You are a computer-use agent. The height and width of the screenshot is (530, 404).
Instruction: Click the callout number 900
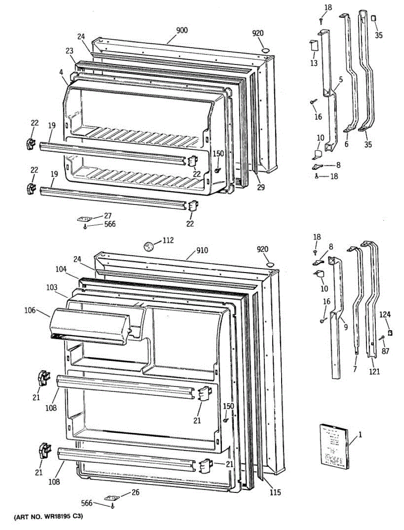(x=182, y=30)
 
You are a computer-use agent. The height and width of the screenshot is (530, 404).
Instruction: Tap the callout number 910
(x=202, y=250)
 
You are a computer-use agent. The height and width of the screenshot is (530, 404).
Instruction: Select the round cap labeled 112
(x=149, y=245)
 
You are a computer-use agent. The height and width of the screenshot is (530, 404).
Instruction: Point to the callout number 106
(x=30, y=311)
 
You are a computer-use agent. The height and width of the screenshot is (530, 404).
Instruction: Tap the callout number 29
(x=261, y=188)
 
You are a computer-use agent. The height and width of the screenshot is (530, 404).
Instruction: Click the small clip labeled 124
(x=390, y=332)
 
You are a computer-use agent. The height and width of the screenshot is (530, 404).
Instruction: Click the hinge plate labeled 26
(x=112, y=498)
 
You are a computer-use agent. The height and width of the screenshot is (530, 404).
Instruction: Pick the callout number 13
(x=313, y=63)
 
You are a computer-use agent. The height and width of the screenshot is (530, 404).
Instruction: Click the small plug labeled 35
(x=373, y=19)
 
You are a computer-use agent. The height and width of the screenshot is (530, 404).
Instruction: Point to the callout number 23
(x=69, y=51)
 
